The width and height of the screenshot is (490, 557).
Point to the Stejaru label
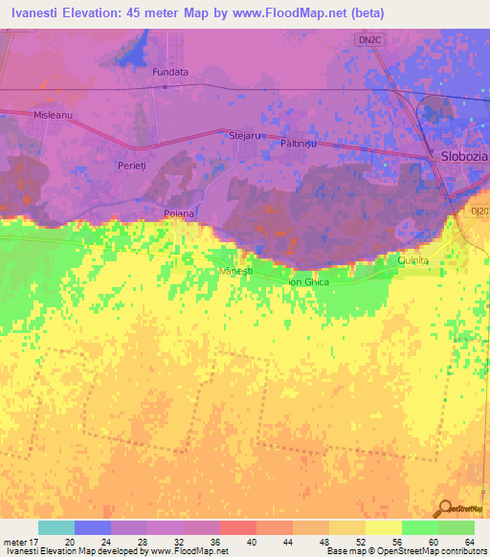click(245, 136)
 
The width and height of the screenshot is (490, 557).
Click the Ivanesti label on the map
click(235, 272)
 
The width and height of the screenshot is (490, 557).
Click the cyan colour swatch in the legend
click(56, 527)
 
